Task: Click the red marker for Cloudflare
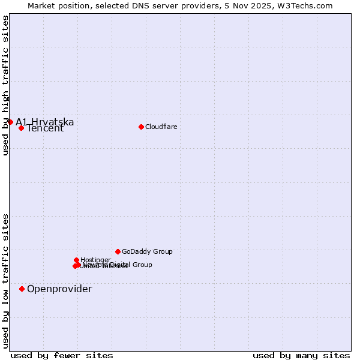[141, 127]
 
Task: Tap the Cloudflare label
[161, 127]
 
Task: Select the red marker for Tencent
[21, 128]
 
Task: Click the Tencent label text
[45, 128]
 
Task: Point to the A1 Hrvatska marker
[10, 122]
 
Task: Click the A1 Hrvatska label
[45, 122]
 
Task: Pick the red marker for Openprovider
[22, 289]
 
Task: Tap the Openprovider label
[59, 289]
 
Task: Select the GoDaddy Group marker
[118, 251]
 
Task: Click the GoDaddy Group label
[147, 251]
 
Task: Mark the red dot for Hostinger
[76, 260]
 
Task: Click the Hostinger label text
[95, 260]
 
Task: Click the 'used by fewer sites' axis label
[62, 355]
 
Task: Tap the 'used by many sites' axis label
[301, 355]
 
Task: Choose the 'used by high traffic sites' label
[5, 85]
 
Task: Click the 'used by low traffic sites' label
[5, 280]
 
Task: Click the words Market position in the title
[56, 5]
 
